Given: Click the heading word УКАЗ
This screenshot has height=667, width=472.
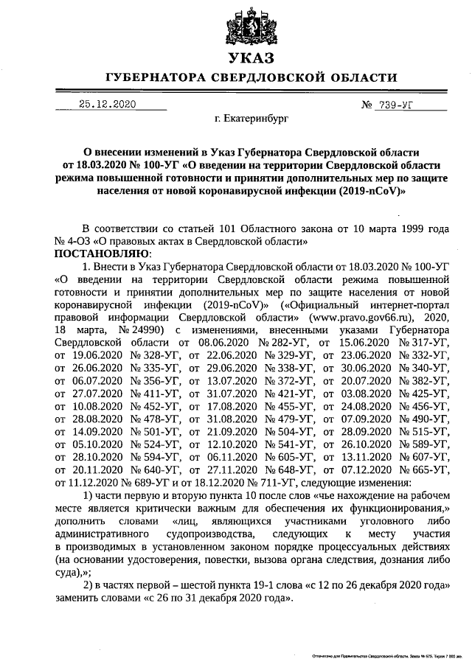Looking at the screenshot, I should [251, 57].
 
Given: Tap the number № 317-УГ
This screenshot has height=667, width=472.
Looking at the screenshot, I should [422, 342].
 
